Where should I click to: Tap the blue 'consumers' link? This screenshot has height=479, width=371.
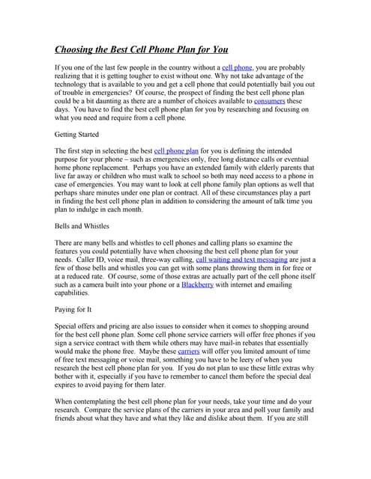(x=269, y=100)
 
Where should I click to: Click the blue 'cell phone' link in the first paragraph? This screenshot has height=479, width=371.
(x=237, y=67)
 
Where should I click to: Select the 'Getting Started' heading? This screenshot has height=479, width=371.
(x=77, y=134)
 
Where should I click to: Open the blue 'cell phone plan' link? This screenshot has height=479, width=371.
(x=176, y=150)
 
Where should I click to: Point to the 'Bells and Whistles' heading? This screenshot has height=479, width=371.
(x=82, y=225)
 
